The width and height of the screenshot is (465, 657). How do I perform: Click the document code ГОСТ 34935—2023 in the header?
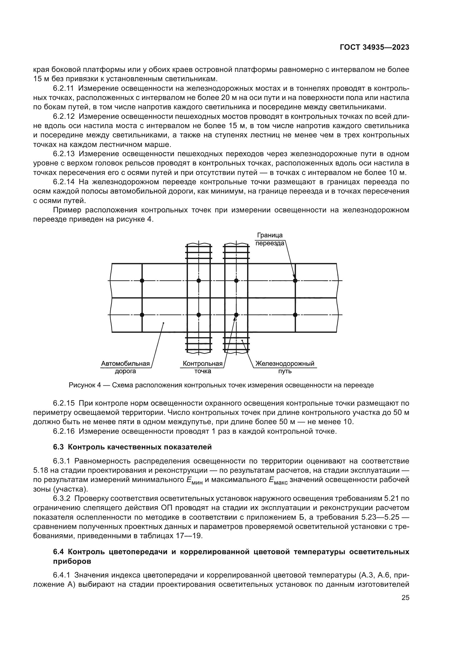[x=374, y=47]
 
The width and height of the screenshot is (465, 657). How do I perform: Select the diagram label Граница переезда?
[x=270, y=239]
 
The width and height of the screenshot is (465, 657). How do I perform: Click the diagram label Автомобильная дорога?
[x=125, y=367]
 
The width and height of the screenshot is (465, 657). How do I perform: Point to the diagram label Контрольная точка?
[x=203, y=367]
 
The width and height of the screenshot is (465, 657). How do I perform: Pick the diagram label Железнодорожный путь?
[x=285, y=367]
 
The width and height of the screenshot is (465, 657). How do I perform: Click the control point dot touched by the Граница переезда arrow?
[x=295, y=280]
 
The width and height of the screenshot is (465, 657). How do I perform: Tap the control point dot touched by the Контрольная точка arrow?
[x=236, y=315]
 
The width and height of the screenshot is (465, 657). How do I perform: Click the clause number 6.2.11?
[x=64, y=88]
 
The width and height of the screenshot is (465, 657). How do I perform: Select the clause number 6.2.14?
[x=64, y=182]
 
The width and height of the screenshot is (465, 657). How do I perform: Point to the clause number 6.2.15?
[x=64, y=403]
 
